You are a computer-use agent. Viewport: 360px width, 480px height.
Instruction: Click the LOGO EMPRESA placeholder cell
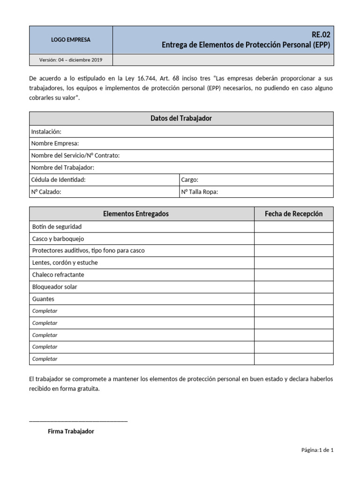click(71, 40)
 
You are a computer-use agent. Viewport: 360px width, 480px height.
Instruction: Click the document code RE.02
click(323, 35)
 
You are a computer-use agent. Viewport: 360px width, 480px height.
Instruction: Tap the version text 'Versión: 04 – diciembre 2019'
click(71, 60)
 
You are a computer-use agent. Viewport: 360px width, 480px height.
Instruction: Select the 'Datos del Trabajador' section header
click(181, 119)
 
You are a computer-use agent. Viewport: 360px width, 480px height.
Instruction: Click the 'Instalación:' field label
click(46, 132)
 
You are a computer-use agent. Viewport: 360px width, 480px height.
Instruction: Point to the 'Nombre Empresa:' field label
click(55, 143)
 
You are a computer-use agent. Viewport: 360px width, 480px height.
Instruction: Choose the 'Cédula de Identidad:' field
click(59, 180)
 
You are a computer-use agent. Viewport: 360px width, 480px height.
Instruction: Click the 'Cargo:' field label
click(190, 180)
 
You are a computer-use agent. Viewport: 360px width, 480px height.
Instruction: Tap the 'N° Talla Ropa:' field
click(200, 192)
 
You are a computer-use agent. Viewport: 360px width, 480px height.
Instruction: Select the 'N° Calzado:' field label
click(46, 192)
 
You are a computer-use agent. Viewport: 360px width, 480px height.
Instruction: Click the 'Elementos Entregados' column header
click(135, 214)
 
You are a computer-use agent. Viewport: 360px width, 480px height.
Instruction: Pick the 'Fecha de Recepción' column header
click(293, 214)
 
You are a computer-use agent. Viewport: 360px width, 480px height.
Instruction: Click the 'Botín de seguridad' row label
click(57, 227)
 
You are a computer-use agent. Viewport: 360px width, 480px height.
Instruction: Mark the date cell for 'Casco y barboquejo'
click(293, 239)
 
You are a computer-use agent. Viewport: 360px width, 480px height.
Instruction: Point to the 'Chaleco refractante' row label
click(58, 275)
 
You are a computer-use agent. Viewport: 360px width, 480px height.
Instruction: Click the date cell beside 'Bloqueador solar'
click(293, 287)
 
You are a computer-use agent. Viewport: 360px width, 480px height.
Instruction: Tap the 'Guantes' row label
click(43, 299)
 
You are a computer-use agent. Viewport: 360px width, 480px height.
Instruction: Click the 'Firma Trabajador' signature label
click(71, 431)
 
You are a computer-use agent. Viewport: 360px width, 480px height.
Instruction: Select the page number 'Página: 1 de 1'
click(317, 450)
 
